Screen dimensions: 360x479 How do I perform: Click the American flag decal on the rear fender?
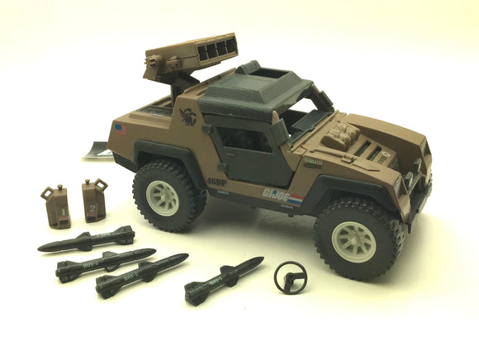122,128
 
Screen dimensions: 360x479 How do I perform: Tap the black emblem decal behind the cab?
188,116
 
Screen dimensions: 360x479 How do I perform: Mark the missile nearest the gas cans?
87,240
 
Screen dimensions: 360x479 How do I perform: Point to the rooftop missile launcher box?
203,56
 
